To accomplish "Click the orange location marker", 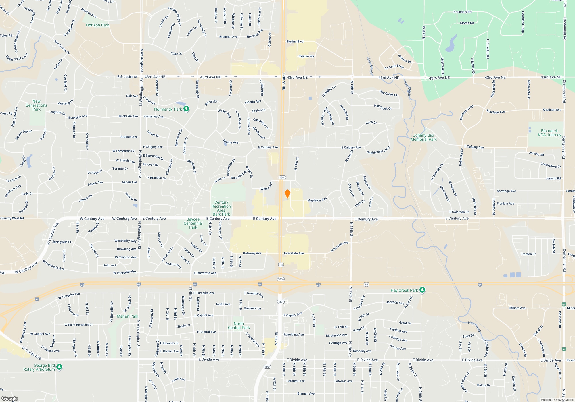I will pyautogui.click(x=287, y=194).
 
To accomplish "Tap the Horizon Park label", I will pyautogui.click(x=97, y=25).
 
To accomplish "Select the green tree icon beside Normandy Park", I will pyautogui.click(x=186, y=109).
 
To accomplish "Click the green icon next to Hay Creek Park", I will pyautogui.click(x=422, y=290).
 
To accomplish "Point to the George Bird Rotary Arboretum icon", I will pyautogui.click(x=59, y=367).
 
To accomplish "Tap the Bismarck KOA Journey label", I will pyautogui.click(x=549, y=133).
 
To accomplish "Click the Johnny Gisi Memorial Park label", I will pyautogui.click(x=423, y=137).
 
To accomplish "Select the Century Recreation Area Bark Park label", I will pyautogui.click(x=221, y=208).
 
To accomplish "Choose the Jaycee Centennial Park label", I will pyautogui.click(x=193, y=223).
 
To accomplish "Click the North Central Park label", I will pyautogui.click(x=239, y=326).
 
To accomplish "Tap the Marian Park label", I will pyautogui.click(x=127, y=316).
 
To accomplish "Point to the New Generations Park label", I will pyautogui.click(x=37, y=105).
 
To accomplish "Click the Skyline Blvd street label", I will pyautogui.click(x=295, y=42).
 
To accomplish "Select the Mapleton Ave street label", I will pyautogui.click(x=317, y=200).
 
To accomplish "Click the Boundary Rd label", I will pyautogui.click(x=462, y=12).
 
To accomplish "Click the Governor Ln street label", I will pyautogui.click(x=252, y=308).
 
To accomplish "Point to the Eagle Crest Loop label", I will pyautogui.click(x=17, y=57).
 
